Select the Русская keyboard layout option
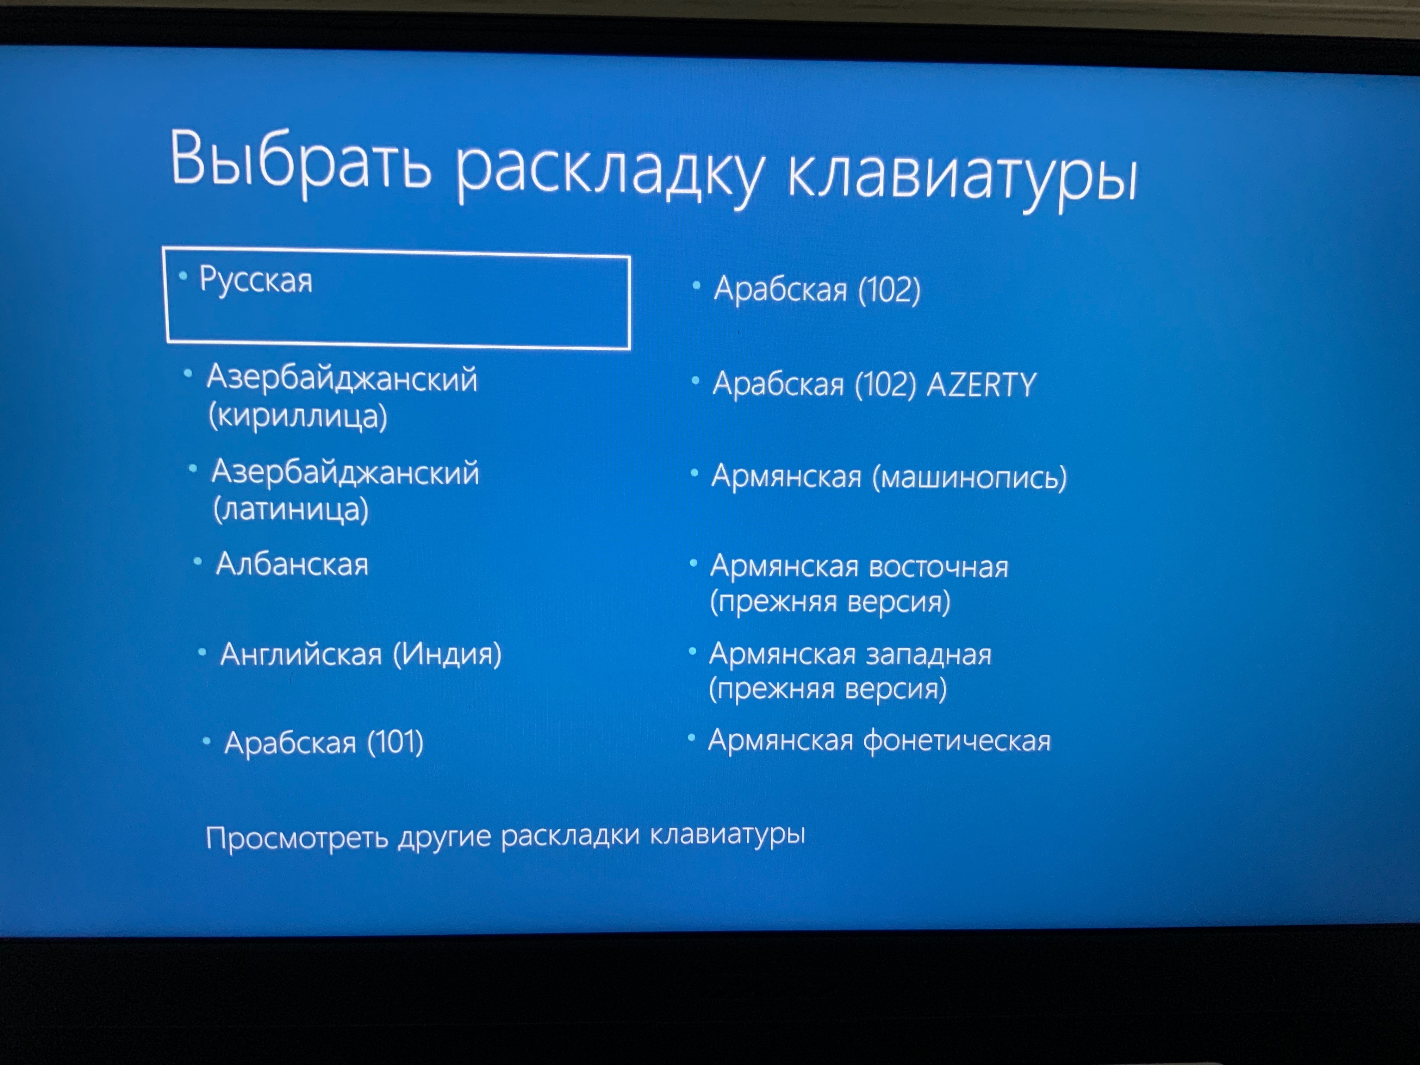click(255, 281)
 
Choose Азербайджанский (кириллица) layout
click(342, 396)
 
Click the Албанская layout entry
click(292, 564)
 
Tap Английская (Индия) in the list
click(361, 654)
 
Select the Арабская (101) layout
click(324, 743)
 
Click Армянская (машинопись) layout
click(889, 477)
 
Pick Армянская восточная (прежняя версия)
click(859, 584)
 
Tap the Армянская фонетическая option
click(879, 740)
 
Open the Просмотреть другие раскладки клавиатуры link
click(505, 836)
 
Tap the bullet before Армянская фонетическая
click(691, 738)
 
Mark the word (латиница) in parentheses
click(291, 510)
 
